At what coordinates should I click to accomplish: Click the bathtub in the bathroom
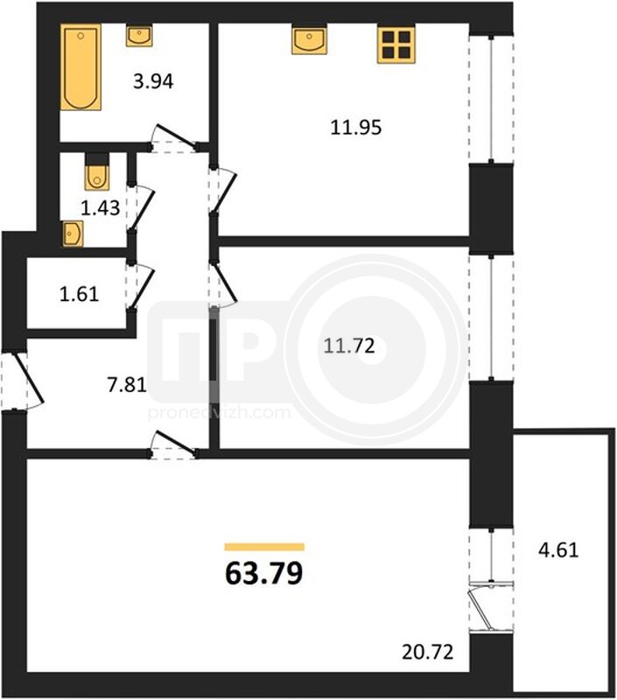(81, 67)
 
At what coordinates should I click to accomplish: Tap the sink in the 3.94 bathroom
(139, 36)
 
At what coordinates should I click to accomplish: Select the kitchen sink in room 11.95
(309, 40)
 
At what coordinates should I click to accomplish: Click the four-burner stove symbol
(396, 45)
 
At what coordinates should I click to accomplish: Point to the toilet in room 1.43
(97, 172)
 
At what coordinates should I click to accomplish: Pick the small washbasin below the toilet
(73, 234)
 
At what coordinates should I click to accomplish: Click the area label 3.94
(153, 81)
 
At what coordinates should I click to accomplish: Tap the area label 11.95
(356, 128)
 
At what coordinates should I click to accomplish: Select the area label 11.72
(349, 346)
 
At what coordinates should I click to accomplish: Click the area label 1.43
(101, 208)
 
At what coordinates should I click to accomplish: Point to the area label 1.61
(79, 294)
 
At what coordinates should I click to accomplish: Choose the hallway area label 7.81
(127, 384)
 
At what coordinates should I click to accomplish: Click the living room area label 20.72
(428, 652)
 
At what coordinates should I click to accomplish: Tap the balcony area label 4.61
(558, 550)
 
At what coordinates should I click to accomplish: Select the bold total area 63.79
(264, 574)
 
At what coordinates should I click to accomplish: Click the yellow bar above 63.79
(264, 548)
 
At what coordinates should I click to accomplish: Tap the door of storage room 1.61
(141, 286)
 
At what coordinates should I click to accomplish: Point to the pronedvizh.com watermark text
(219, 413)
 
